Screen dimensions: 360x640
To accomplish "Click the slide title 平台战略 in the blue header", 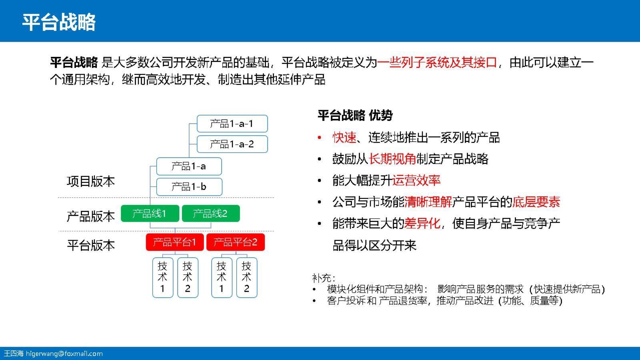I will coord(59,22).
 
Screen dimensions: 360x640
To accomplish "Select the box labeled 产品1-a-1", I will coord(232,124).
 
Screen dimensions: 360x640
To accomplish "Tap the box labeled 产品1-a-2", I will coord(232,144).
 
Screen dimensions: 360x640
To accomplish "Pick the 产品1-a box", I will coord(189,166).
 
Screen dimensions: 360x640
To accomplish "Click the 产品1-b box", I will coord(189,186).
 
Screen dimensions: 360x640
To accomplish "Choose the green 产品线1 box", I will coord(150,213).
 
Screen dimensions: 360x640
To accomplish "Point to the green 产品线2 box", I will coord(210,213).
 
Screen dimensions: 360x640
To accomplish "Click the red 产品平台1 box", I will coord(175,242).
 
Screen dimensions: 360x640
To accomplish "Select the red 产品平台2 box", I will coord(235,242).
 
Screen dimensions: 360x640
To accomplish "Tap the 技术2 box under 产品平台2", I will coord(246,277).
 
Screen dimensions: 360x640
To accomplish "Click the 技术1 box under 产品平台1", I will coord(162,277).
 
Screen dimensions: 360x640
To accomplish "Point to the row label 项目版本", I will coord(91,181).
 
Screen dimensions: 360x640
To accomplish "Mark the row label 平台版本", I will coord(91,245).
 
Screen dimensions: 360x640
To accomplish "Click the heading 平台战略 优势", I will coord(355,115).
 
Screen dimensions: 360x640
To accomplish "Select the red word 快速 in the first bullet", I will coord(344,138).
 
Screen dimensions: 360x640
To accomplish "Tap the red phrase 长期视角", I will coord(392,159).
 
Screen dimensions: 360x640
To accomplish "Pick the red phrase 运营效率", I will coord(416,180).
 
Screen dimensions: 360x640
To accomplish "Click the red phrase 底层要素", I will coord(536,202).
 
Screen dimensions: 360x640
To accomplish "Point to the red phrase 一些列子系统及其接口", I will coord(437,62).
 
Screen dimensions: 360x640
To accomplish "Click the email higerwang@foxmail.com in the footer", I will coord(64,354).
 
